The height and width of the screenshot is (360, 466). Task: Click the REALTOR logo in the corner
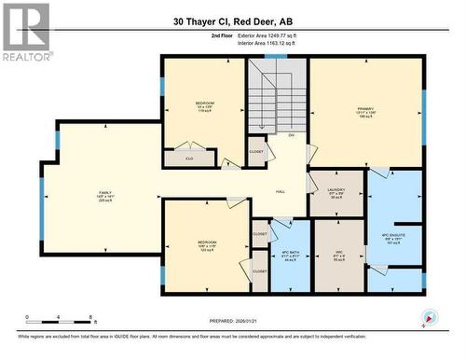point(25,32)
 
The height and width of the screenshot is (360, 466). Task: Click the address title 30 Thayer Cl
point(232,20)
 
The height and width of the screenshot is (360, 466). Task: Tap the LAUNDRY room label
point(336,192)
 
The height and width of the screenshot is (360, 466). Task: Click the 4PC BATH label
point(291,255)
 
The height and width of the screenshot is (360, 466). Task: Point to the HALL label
point(280,191)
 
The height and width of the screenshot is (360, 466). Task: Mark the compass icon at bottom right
point(430,316)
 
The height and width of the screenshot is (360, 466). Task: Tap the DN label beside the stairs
point(291,136)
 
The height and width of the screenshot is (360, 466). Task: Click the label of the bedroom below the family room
point(206,246)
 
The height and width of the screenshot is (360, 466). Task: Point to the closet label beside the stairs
point(256,150)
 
